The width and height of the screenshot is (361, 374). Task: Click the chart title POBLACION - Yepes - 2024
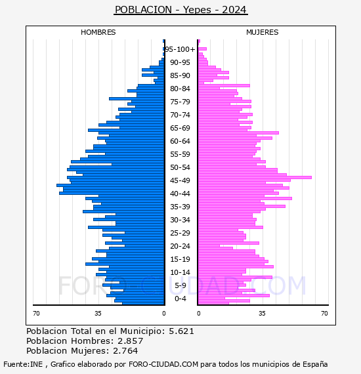[180, 10]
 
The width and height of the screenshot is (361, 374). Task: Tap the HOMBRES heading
[98, 32]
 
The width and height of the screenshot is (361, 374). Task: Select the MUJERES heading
[263, 32]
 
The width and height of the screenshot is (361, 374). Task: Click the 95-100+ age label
[180, 49]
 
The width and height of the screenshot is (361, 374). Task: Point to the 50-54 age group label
[180, 167]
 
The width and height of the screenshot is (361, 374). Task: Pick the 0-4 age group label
[180, 299]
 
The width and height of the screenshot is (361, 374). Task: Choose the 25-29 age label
[180, 233]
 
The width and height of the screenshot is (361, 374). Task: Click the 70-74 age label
[180, 115]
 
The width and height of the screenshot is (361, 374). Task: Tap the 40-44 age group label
[180, 194]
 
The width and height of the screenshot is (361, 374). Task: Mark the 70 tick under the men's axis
[36, 313]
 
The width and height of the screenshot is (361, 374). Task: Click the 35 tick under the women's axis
[263, 313]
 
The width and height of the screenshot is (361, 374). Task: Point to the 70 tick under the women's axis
[324, 313]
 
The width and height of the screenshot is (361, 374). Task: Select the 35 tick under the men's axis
[98, 313]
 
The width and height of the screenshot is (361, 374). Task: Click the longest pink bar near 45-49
[255, 177]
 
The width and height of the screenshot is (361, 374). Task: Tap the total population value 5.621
[181, 331]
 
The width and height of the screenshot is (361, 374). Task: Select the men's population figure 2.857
[130, 341]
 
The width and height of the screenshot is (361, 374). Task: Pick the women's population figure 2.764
[125, 350]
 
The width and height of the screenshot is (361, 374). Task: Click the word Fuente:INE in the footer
[23, 364]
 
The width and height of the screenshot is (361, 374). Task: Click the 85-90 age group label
[180, 75]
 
